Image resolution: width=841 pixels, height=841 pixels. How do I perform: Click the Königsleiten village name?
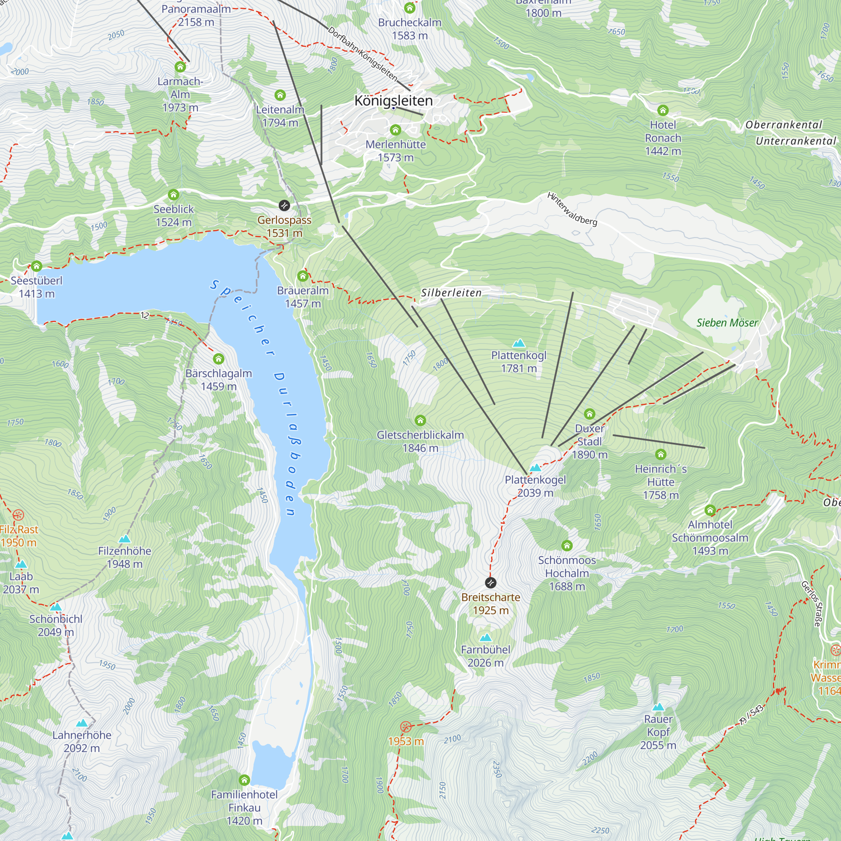click(394, 100)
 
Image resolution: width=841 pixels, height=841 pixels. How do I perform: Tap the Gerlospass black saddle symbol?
click(284, 206)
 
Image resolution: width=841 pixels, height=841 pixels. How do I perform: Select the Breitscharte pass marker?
click(491, 582)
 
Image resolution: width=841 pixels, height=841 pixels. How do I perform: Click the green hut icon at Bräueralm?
click(302, 276)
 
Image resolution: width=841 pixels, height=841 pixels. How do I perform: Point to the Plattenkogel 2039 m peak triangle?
click(535, 468)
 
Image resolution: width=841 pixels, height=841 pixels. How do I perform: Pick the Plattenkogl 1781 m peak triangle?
click(518, 344)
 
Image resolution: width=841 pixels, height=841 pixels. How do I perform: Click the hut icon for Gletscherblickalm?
click(420, 420)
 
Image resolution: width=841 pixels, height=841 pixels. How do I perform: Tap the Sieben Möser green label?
click(727, 323)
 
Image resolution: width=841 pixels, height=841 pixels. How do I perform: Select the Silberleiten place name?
click(451, 293)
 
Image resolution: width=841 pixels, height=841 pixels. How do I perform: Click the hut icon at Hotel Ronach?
click(663, 110)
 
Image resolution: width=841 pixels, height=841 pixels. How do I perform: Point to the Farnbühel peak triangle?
click(485, 638)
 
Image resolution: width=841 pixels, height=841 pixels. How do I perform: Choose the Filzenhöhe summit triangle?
click(124, 539)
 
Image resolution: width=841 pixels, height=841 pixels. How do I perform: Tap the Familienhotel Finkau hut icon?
click(244, 779)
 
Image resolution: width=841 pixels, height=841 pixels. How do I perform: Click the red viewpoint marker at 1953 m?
click(405, 727)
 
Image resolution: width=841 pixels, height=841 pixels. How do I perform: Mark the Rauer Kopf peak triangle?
click(658, 707)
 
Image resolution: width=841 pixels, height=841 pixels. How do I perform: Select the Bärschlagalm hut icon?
click(219, 359)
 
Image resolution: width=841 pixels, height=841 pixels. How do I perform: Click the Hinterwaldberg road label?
click(572, 209)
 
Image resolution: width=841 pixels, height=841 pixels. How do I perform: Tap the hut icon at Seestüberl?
click(37, 266)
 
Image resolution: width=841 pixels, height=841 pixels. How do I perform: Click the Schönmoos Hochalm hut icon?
click(566, 545)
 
